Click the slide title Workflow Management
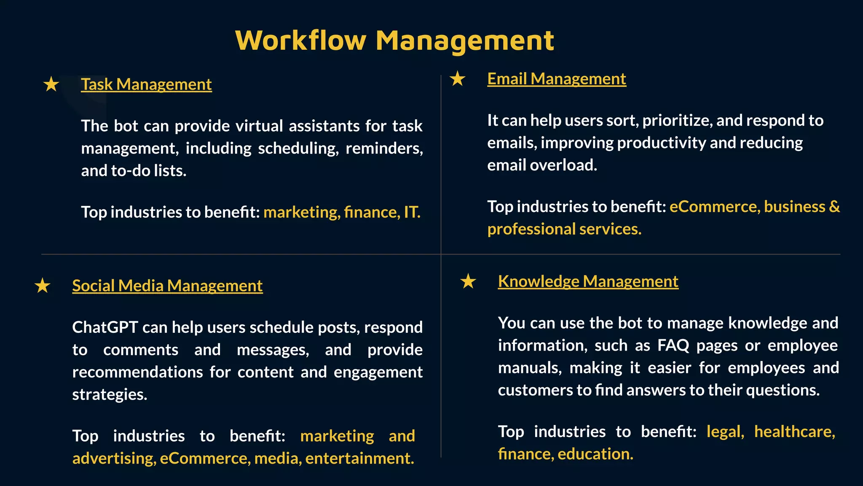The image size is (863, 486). click(x=394, y=41)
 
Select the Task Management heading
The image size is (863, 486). click(x=146, y=84)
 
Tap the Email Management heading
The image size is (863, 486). click(x=557, y=79)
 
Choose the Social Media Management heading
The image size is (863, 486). click(x=167, y=286)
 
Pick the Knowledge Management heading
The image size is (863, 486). click(x=588, y=281)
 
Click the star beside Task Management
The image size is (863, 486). click(x=51, y=84)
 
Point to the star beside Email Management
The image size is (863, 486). click(x=458, y=78)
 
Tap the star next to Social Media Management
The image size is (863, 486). click(x=43, y=286)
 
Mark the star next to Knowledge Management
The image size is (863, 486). click(x=468, y=281)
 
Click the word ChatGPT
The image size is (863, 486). click(x=105, y=327)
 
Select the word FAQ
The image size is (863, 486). click(x=673, y=346)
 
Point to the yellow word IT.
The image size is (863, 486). click(x=412, y=212)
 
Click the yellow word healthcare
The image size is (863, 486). click(x=794, y=432)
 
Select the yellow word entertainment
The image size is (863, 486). click(x=359, y=459)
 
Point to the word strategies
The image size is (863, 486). click(x=110, y=395)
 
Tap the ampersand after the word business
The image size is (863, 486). click(x=834, y=207)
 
